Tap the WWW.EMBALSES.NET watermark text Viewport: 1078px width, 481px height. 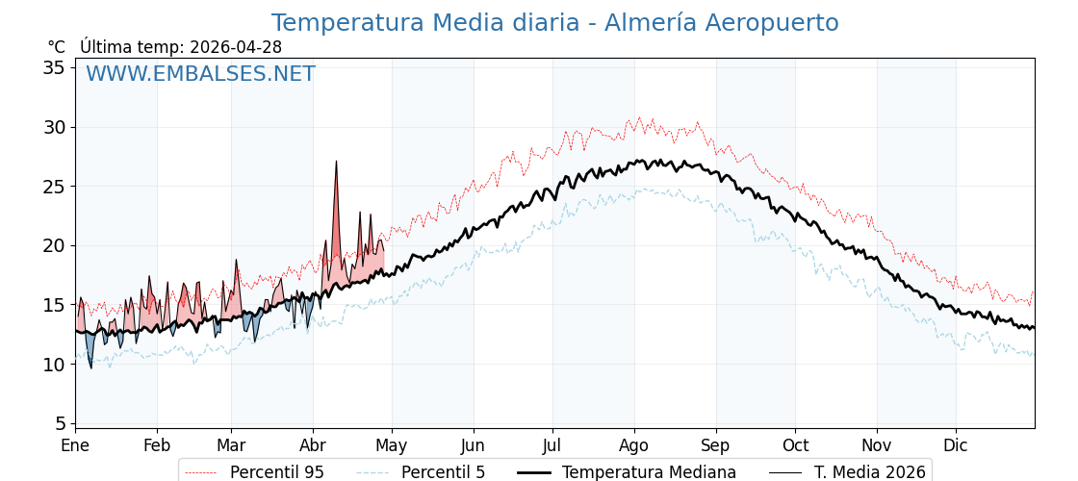(200, 74)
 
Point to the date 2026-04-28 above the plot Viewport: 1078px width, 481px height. (236, 47)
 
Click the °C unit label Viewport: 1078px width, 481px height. (56, 47)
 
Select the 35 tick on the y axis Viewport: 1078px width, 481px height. (54, 67)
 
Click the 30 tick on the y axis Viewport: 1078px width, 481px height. (54, 127)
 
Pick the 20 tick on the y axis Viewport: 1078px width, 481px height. (54, 245)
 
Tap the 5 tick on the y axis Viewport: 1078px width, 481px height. (59, 423)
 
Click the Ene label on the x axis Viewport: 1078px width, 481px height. (75, 445)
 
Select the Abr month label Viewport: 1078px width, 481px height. (313, 445)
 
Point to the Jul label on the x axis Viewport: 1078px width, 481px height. (552, 445)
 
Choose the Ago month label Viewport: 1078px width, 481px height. (634, 445)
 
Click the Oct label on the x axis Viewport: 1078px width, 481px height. (795, 445)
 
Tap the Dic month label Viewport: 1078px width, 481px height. (956, 445)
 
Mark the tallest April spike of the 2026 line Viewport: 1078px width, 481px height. (336, 162)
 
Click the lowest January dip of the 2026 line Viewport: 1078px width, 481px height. (91, 368)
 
